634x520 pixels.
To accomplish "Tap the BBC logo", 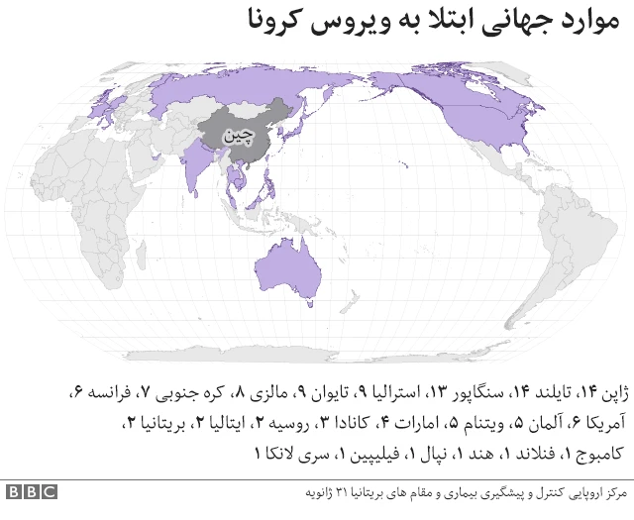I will [31, 492].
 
